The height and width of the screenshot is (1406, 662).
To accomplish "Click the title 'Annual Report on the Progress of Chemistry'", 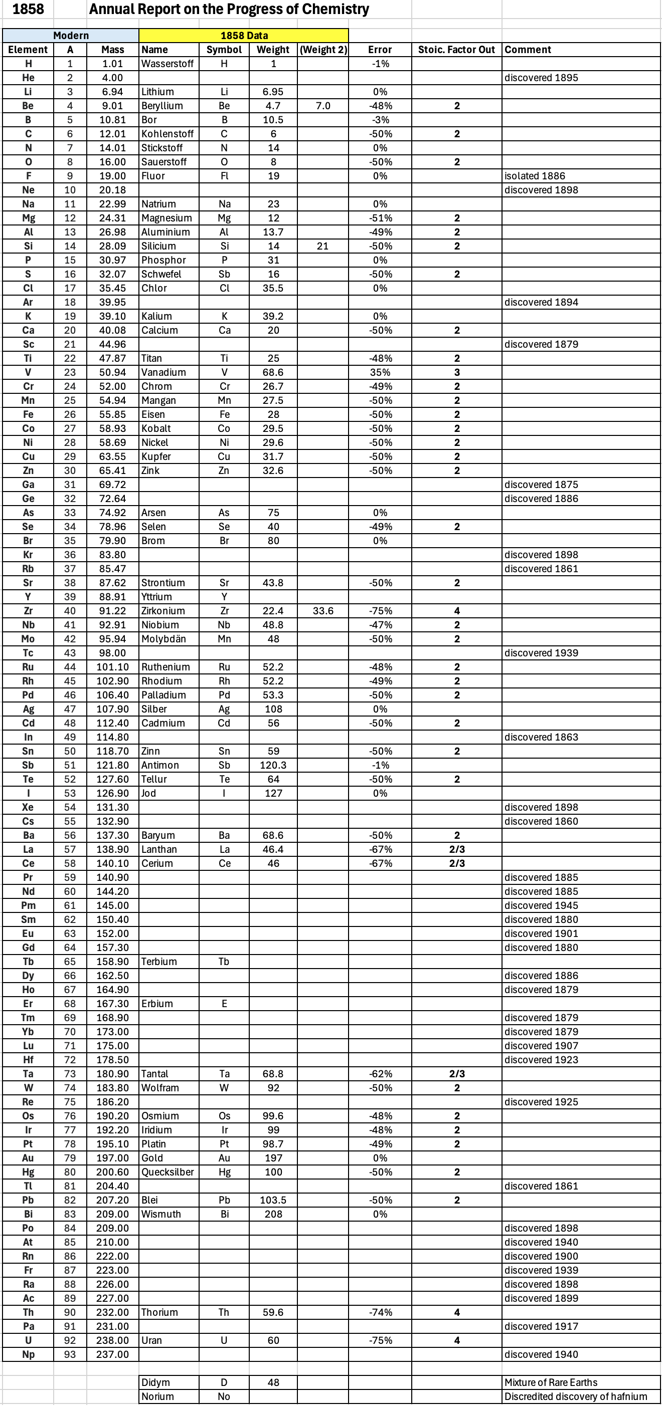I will click(229, 10).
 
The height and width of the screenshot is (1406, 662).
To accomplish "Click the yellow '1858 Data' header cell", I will click(244, 36).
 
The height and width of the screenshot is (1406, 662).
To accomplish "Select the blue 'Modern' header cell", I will click(71, 36).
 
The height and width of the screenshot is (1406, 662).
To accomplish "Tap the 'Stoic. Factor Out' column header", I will click(456, 50).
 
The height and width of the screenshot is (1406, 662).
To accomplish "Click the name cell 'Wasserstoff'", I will click(168, 64).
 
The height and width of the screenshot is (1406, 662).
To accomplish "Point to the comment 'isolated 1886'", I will click(534, 176).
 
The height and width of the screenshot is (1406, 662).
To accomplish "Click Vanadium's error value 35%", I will click(380, 372).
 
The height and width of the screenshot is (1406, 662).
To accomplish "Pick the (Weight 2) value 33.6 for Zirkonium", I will click(323, 611).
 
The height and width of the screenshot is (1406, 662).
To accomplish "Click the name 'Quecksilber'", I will click(168, 1172).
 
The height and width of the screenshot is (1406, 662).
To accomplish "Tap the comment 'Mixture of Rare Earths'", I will click(551, 1382).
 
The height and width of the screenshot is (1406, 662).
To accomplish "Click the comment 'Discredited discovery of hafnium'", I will click(575, 1396).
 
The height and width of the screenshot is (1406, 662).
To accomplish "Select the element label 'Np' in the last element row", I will click(29, 1354).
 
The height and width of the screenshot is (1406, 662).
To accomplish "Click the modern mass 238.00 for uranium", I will click(112, 1340).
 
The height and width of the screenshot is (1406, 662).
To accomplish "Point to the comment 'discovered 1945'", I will click(541, 905).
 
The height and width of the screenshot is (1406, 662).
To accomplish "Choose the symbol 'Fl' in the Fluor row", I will click(224, 176).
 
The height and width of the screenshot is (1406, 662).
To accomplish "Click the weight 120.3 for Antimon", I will click(273, 765).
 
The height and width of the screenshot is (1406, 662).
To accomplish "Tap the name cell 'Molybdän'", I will click(163, 638).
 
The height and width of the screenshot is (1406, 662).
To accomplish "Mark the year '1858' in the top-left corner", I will click(28, 10).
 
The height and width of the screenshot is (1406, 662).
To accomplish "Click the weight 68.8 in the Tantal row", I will click(273, 1074).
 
